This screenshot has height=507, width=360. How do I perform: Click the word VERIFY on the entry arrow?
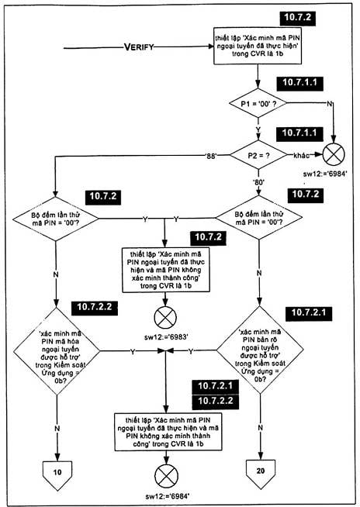pyautogui.click(x=139, y=47)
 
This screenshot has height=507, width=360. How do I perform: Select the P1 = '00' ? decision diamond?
pyautogui.click(x=258, y=103)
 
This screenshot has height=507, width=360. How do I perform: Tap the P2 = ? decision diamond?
pyautogui.click(x=258, y=155)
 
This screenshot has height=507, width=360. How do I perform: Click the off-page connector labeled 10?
pyautogui.click(x=57, y=474)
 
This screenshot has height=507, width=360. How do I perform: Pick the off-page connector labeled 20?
pyautogui.click(x=261, y=474)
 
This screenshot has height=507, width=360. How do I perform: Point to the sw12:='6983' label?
pyautogui.click(x=166, y=337)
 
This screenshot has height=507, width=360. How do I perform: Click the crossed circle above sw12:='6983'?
pyautogui.click(x=165, y=318)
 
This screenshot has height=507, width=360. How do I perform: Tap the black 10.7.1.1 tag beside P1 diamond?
pyautogui.click(x=299, y=83)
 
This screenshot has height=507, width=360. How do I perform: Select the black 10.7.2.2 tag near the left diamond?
pyautogui.click(x=95, y=307)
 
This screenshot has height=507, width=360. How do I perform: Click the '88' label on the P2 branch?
pyautogui.click(x=211, y=156)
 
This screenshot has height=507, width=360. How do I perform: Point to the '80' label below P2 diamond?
pyautogui.click(x=258, y=182)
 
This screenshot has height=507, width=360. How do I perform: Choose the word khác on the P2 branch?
pyautogui.click(x=301, y=156)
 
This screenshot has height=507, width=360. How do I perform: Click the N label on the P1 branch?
pyautogui.click(x=329, y=104)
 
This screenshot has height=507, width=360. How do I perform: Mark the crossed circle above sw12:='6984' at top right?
pyautogui.click(x=334, y=154)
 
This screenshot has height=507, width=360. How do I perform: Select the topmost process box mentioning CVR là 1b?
pyautogui.click(x=258, y=46)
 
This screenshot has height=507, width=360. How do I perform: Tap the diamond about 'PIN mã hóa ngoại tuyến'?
pyautogui.click(x=57, y=351)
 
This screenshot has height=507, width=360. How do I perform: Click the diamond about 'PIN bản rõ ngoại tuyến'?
pyautogui.click(x=260, y=350)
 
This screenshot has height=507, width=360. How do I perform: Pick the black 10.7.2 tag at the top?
pyautogui.click(x=298, y=18)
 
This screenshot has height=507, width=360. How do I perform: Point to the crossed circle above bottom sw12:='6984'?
pyautogui.click(x=166, y=476)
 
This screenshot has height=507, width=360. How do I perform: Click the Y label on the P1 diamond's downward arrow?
pyautogui.click(x=258, y=129)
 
